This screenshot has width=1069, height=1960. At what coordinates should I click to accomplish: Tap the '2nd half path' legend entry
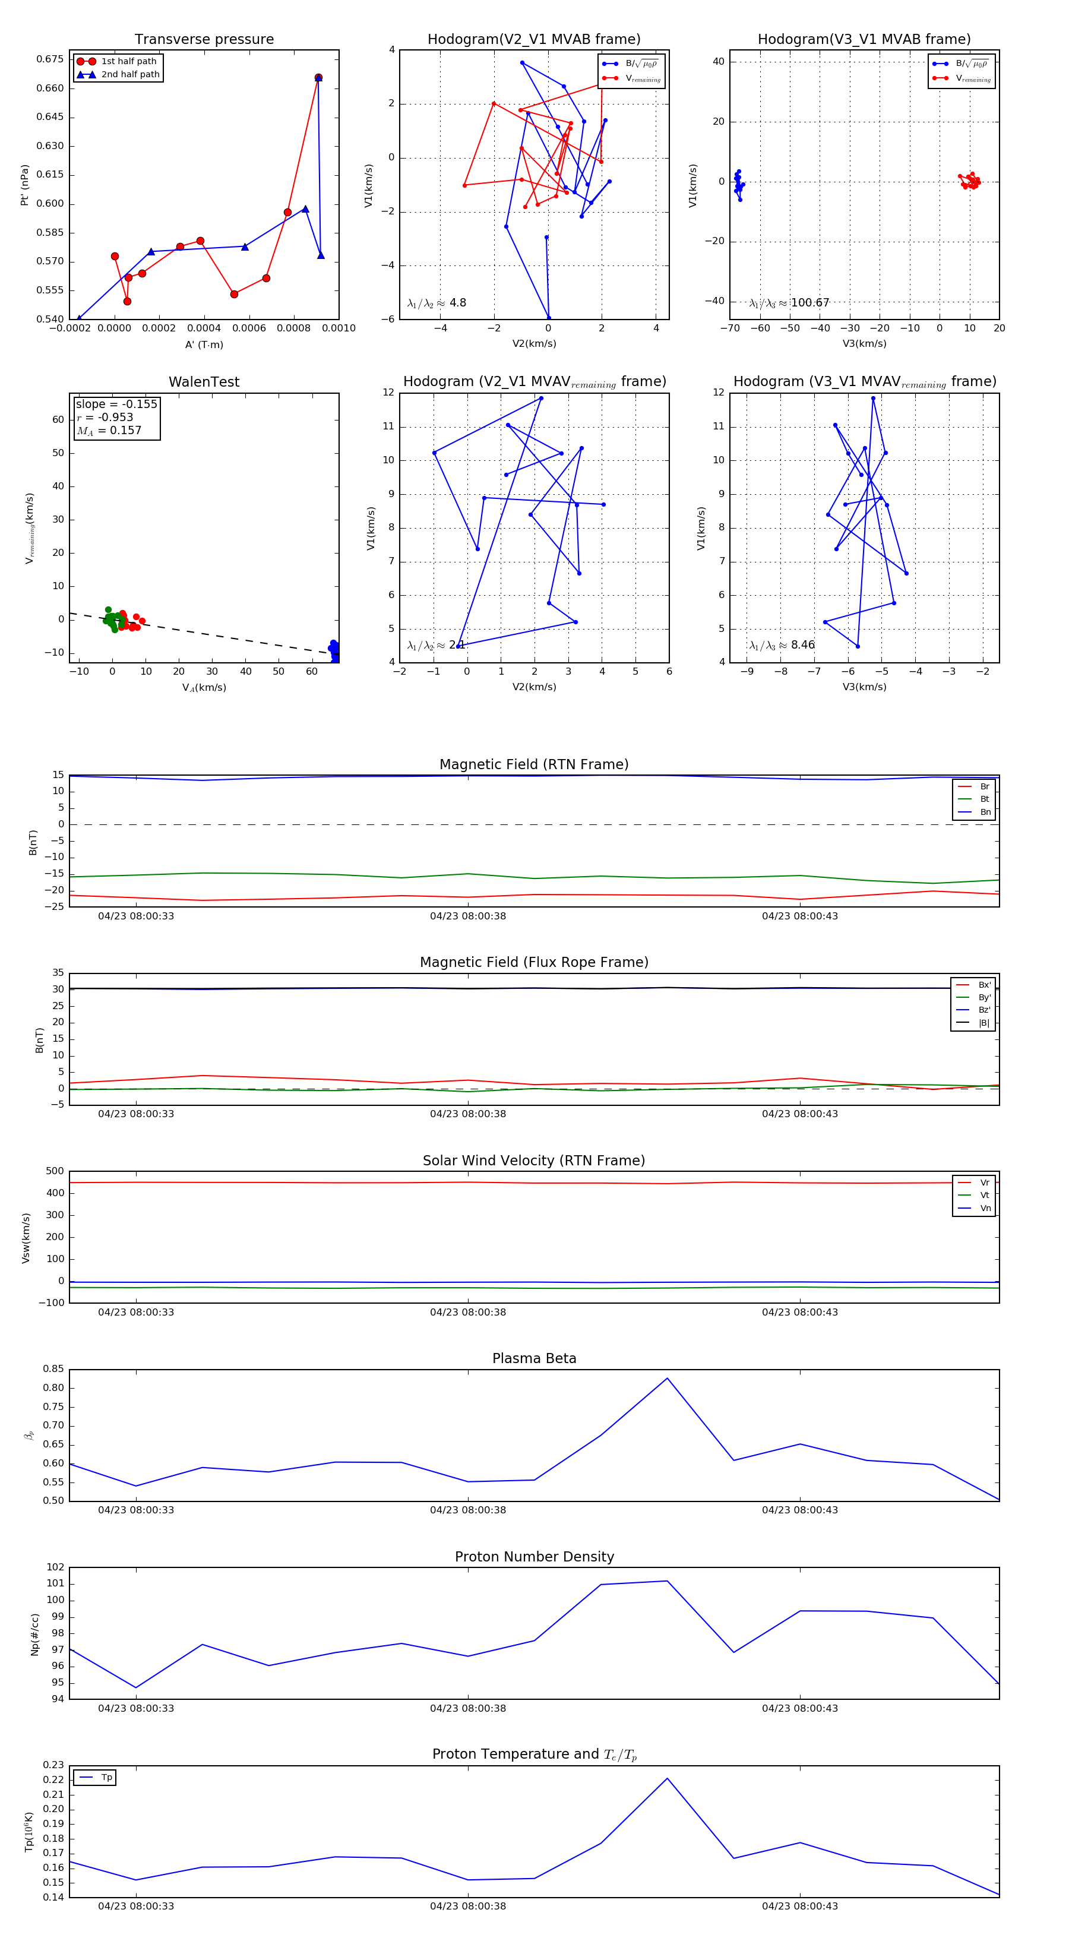tap(130, 75)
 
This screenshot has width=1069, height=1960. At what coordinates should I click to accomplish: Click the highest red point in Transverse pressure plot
tap(318, 78)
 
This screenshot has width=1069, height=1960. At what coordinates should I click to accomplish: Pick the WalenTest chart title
tap(204, 382)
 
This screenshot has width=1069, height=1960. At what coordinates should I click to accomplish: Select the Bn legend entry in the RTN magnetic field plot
tap(985, 812)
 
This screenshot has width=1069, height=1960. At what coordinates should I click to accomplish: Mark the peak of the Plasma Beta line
tap(668, 1379)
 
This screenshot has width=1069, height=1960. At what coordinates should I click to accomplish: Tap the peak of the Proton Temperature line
tap(668, 1778)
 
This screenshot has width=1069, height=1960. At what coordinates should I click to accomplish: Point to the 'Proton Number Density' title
tap(534, 1557)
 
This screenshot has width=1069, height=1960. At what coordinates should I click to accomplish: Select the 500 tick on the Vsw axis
tap(54, 1171)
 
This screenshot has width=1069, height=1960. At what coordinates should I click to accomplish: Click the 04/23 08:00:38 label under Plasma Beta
tap(467, 1510)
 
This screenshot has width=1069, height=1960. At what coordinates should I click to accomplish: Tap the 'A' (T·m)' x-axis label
tap(204, 344)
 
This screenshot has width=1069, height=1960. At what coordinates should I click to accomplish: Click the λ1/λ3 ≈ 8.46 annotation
tap(782, 645)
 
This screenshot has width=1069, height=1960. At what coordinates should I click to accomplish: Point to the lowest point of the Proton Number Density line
tap(136, 1687)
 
